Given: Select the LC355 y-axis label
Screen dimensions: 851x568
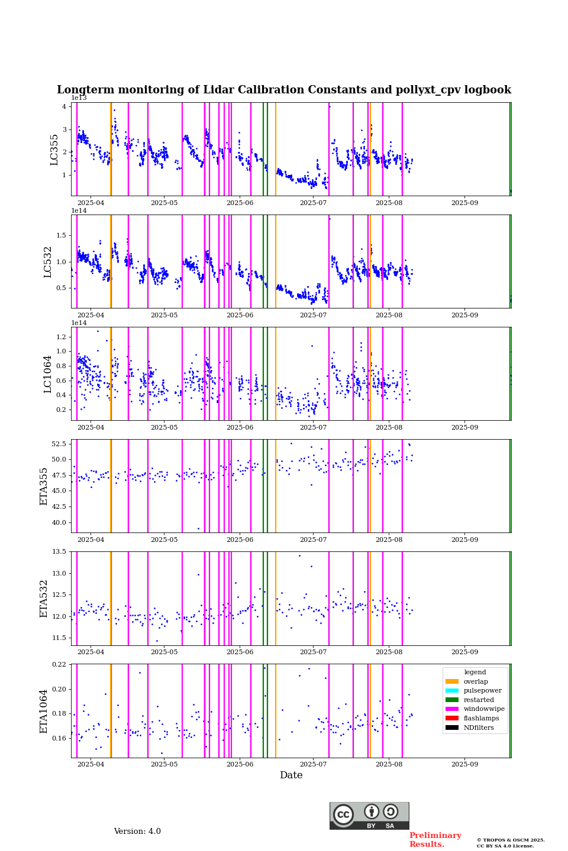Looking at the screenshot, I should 54,150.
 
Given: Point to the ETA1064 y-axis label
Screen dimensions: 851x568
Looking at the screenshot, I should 44,711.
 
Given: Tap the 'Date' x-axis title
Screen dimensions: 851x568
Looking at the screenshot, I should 291,775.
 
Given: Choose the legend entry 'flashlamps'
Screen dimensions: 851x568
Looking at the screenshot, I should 481,719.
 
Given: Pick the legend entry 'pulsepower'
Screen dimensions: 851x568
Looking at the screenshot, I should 482,691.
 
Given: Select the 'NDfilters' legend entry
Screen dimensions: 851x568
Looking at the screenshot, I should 479,728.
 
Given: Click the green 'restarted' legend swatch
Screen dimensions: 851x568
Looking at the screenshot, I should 452,700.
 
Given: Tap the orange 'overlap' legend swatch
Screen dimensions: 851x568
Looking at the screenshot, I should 452,682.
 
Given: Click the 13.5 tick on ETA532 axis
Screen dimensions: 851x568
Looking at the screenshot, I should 59,552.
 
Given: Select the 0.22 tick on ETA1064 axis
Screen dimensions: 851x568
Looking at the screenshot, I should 59,664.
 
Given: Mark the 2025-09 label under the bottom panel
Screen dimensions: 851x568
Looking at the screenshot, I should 464,767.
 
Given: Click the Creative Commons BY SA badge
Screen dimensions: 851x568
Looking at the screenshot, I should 369,816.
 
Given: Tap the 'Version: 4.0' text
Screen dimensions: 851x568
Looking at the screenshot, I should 137,831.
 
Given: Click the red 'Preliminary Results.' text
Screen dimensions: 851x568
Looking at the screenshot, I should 435,840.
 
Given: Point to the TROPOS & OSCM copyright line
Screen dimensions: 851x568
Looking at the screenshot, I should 511,840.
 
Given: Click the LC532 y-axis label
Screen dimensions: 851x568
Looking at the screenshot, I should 48,262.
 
